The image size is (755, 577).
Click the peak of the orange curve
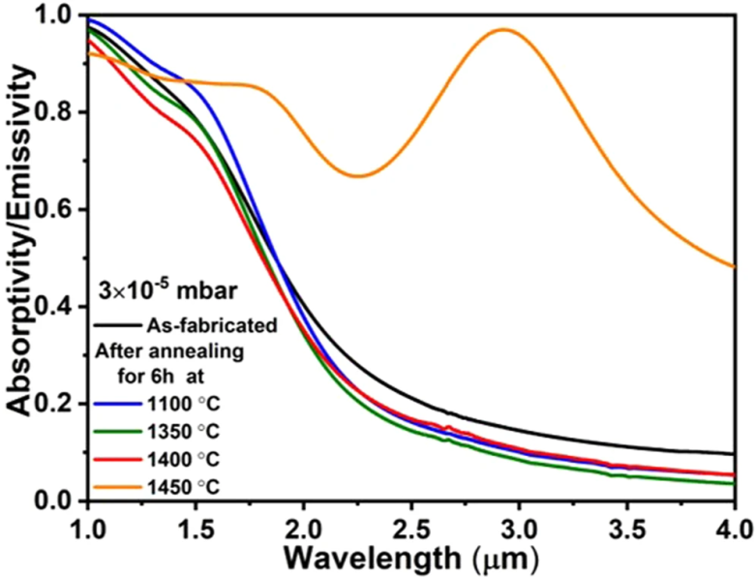[504, 30]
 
